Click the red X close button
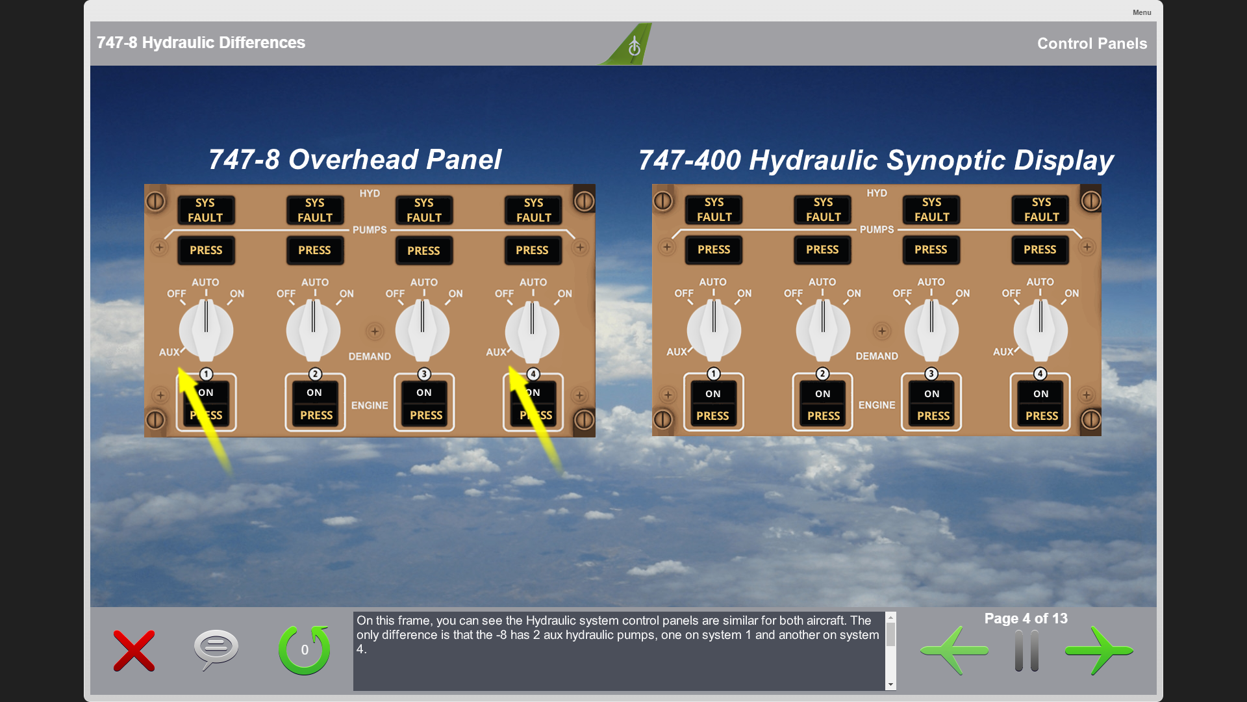pyautogui.click(x=134, y=651)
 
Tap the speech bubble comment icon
pyautogui.click(x=216, y=649)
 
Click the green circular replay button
pyautogui.click(x=304, y=650)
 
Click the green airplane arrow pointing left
pyautogui.click(x=954, y=650)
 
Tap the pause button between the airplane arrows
pyautogui.click(x=1027, y=651)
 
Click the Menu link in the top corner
pyautogui.click(x=1142, y=12)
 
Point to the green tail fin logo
pyautogui.click(x=627, y=44)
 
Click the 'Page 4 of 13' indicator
pyautogui.click(x=1026, y=618)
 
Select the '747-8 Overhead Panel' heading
pyautogui.click(x=355, y=159)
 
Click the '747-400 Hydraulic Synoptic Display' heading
pyautogui.click(x=876, y=160)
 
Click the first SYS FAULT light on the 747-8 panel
pyautogui.click(x=206, y=210)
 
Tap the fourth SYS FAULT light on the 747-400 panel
pyautogui.click(x=1041, y=209)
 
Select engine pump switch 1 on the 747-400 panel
pyautogui.click(x=713, y=402)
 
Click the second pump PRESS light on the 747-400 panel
pyautogui.click(x=822, y=250)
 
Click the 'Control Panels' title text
pyautogui.click(x=1092, y=44)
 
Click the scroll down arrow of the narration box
pyautogui.click(x=890, y=684)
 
